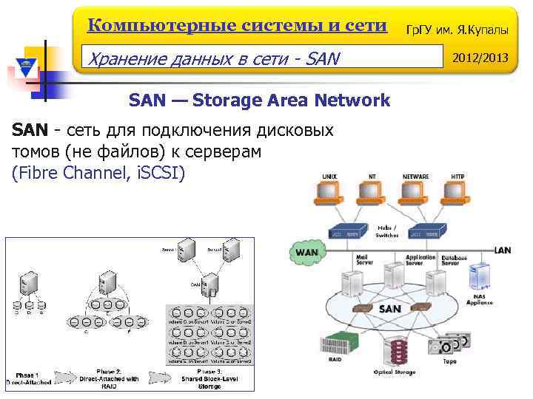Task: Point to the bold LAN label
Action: point(503,250)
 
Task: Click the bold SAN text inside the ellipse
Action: point(390,309)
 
